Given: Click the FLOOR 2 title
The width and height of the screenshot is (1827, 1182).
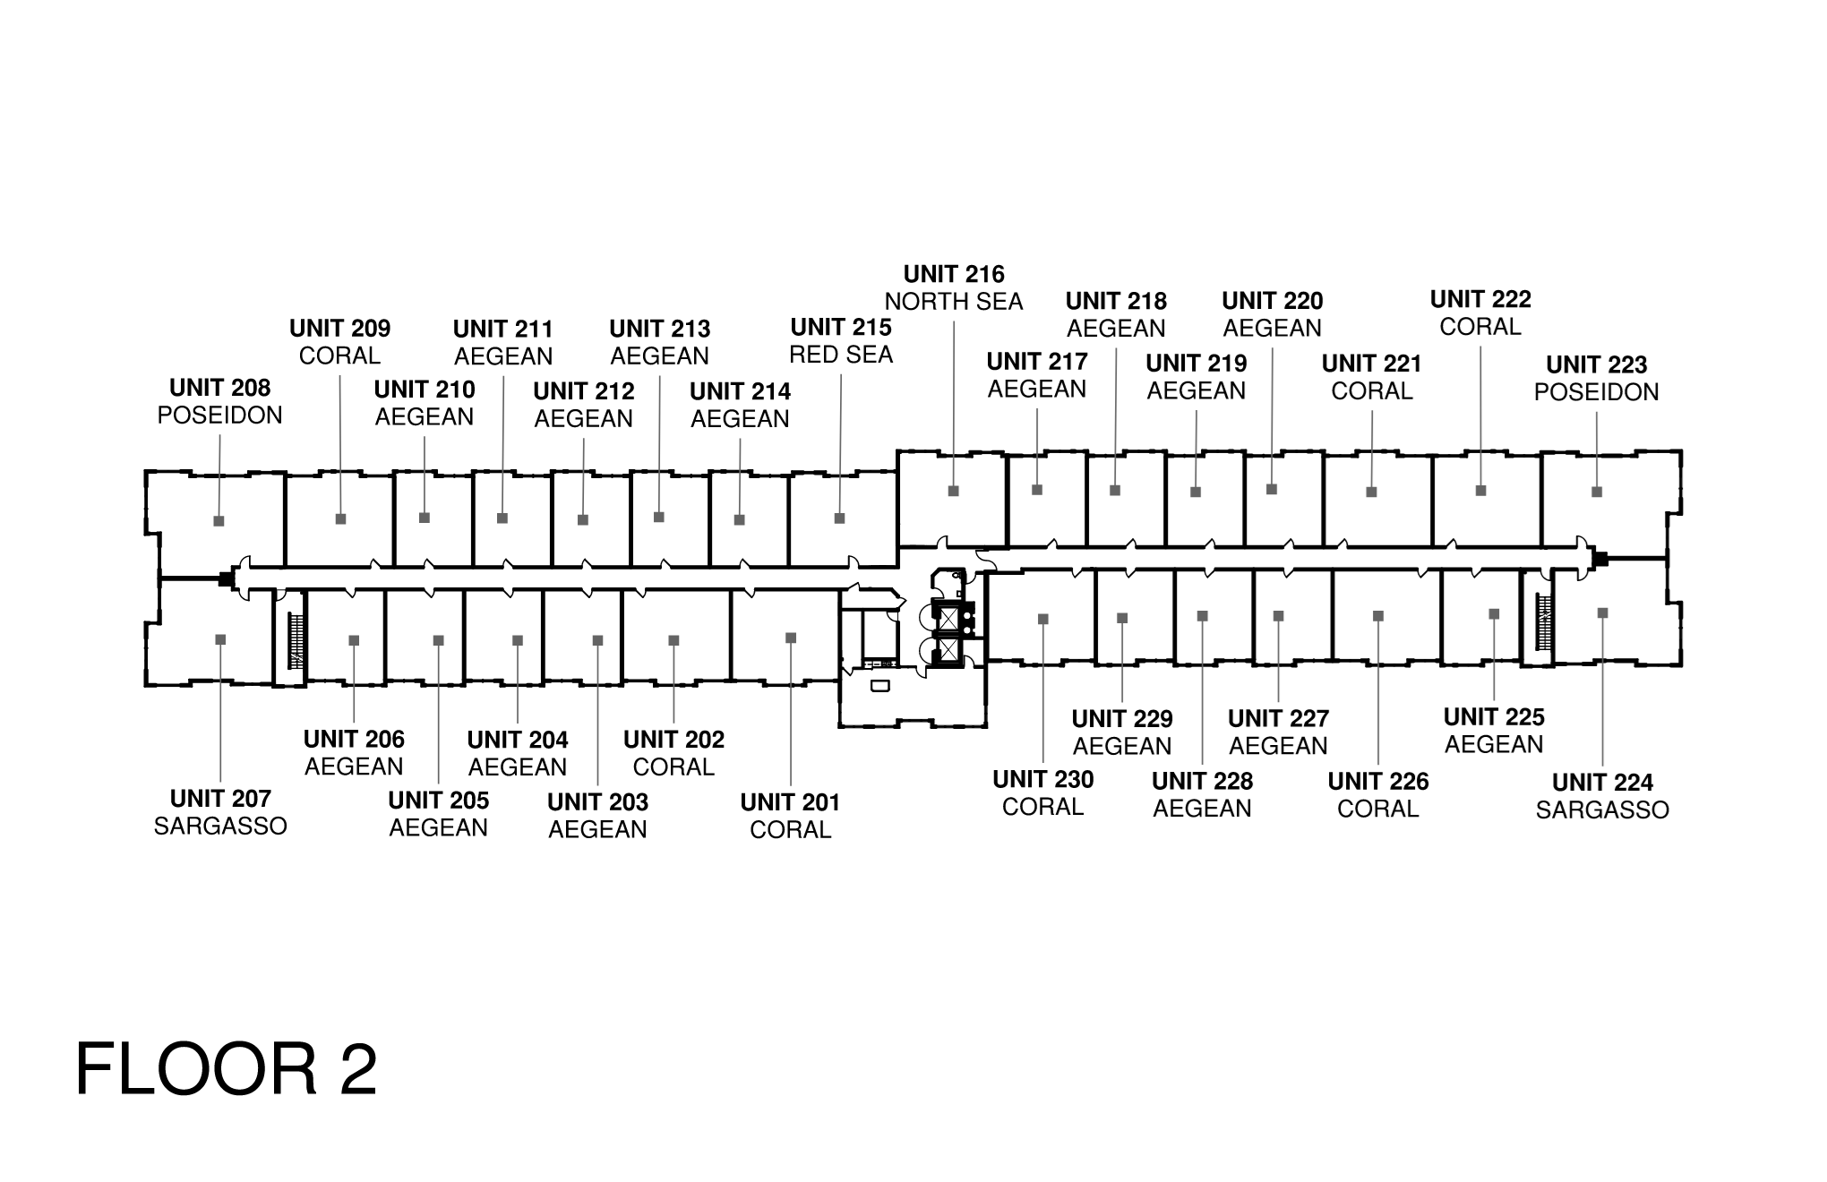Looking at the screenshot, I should click(x=227, y=1069).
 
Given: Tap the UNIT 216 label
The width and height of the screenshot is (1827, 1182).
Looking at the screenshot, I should click(x=954, y=274).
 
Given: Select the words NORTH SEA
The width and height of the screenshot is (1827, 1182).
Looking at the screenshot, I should click(x=954, y=302).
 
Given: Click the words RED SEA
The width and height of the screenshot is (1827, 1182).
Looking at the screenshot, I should click(x=841, y=355).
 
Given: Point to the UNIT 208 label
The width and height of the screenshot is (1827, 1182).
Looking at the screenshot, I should click(x=219, y=388).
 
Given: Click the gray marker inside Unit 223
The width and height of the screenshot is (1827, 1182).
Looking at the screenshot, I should click(x=1596, y=492).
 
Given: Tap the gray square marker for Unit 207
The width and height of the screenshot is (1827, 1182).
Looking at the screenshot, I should click(x=220, y=639).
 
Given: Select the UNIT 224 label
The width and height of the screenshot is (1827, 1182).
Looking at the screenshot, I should click(x=1602, y=783).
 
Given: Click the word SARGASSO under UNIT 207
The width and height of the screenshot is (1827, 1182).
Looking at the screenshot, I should click(x=220, y=826).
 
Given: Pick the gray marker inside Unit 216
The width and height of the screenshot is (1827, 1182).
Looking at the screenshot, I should click(x=954, y=491).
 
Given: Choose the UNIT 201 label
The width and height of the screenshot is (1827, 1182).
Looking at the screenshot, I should click(x=790, y=802).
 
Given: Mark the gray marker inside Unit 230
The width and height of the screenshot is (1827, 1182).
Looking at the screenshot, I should click(x=1043, y=619).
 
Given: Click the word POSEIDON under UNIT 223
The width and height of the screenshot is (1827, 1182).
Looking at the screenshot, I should click(x=1596, y=392).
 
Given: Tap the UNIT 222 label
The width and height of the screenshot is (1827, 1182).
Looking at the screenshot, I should click(x=1480, y=299).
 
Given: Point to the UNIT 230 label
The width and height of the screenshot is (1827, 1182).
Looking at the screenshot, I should click(x=1043, y=780).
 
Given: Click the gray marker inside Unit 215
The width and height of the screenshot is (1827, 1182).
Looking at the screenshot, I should click(x=839, y=518).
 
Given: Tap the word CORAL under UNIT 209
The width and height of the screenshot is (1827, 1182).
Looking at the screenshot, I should click(x=339, y=355).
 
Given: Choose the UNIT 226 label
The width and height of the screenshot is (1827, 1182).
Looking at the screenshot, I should click(x=1378, y=782).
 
